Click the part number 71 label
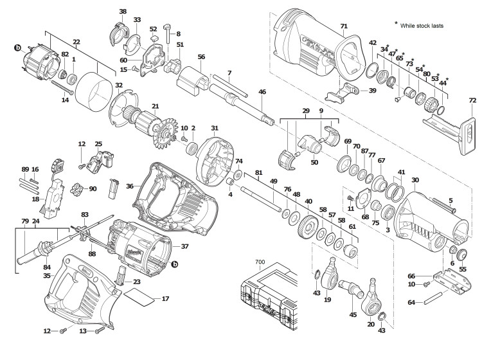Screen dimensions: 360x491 tap(344, 26)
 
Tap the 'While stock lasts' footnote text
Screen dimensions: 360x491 tap(422, 26)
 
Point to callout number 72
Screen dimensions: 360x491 tap(472, 101)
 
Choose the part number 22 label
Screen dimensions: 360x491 tap(76, 42)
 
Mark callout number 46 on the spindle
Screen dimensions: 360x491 tap(262, 93)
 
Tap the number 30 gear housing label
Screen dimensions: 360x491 tap(415, 180)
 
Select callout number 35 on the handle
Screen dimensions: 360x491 tap(46, 275)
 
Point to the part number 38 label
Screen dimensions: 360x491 tap(123, 12)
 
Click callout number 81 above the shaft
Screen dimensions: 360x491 tap(258, 173)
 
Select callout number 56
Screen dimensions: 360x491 tap(201, 57)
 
